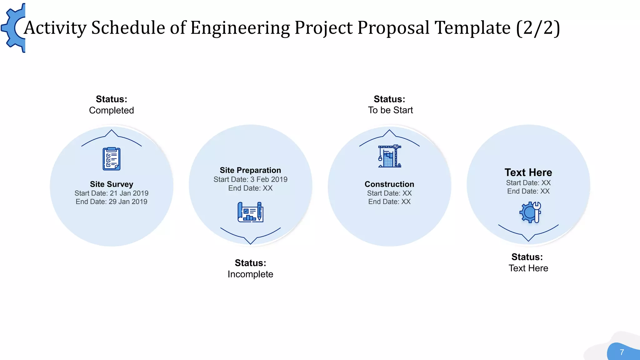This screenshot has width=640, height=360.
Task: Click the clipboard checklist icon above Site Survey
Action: (112, 159)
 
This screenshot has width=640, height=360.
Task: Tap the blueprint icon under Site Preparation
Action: (250, 212)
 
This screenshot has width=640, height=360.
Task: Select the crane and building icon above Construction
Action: (389, 156)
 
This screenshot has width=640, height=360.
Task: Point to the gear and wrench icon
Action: (530, 212)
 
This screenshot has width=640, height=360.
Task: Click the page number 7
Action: (622, 352)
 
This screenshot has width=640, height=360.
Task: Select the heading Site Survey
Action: (112, 184)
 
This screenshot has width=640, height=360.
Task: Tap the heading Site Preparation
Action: (250, 170)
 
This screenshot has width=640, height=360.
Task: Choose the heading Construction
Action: (389, 184)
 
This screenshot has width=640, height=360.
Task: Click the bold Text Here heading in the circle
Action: (528, 172)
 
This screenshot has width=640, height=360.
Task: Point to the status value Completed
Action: (112, 110)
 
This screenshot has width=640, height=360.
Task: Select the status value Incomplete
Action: (250, 274)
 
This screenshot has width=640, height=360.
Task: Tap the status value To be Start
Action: (390, 110)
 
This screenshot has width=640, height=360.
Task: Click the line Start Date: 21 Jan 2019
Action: (112, 193)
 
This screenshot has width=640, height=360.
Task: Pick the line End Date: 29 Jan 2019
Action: (112, 202)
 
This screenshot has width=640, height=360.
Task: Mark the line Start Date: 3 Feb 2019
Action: (250, 179)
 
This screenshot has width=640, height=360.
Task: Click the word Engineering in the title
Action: (240, 28)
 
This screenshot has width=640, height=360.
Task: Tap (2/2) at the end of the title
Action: (538, 28)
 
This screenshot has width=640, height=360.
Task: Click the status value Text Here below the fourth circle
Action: (528, 268)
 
